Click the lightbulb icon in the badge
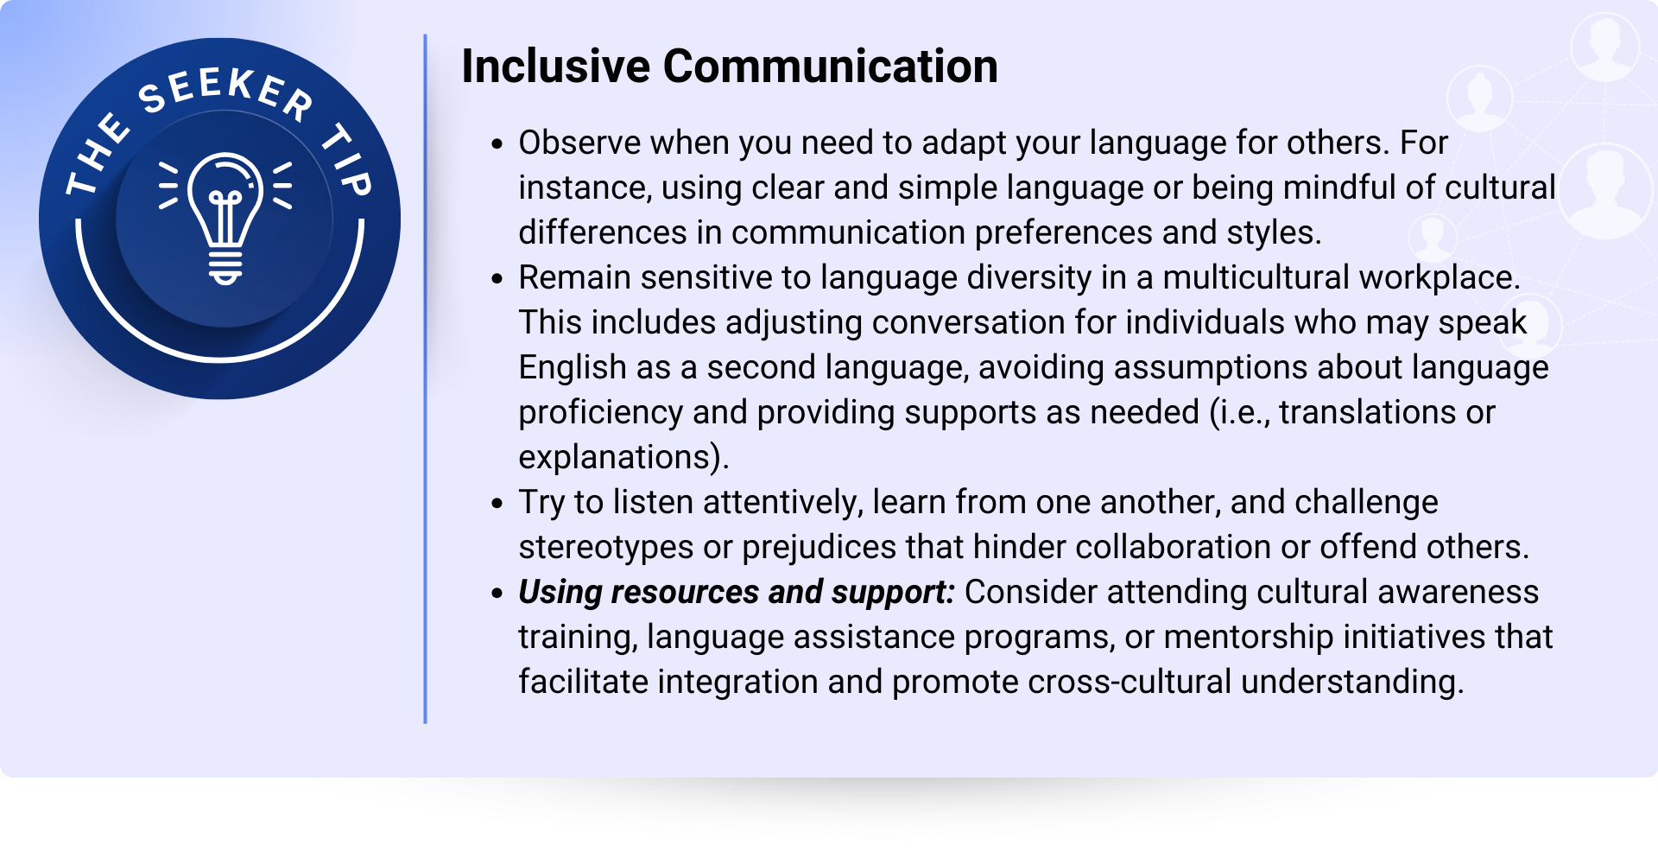point(225,219)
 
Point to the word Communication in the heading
point(831,67)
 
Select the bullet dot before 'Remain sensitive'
point(497,279)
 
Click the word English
point(573,368)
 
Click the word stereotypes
point(606,548)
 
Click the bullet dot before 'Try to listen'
point(497,504)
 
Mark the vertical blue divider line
point(425,378)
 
